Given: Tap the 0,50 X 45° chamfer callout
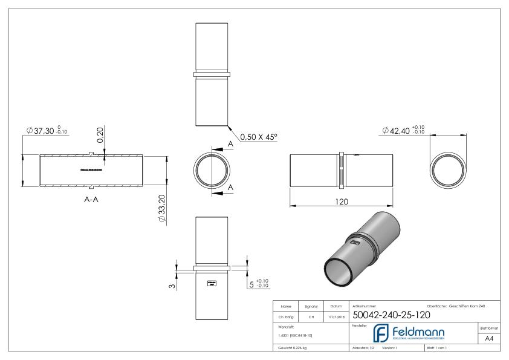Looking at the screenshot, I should click(258, 137).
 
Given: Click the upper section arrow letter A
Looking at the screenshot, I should click(230, 144).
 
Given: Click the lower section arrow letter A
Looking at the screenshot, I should click(230, 189).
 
